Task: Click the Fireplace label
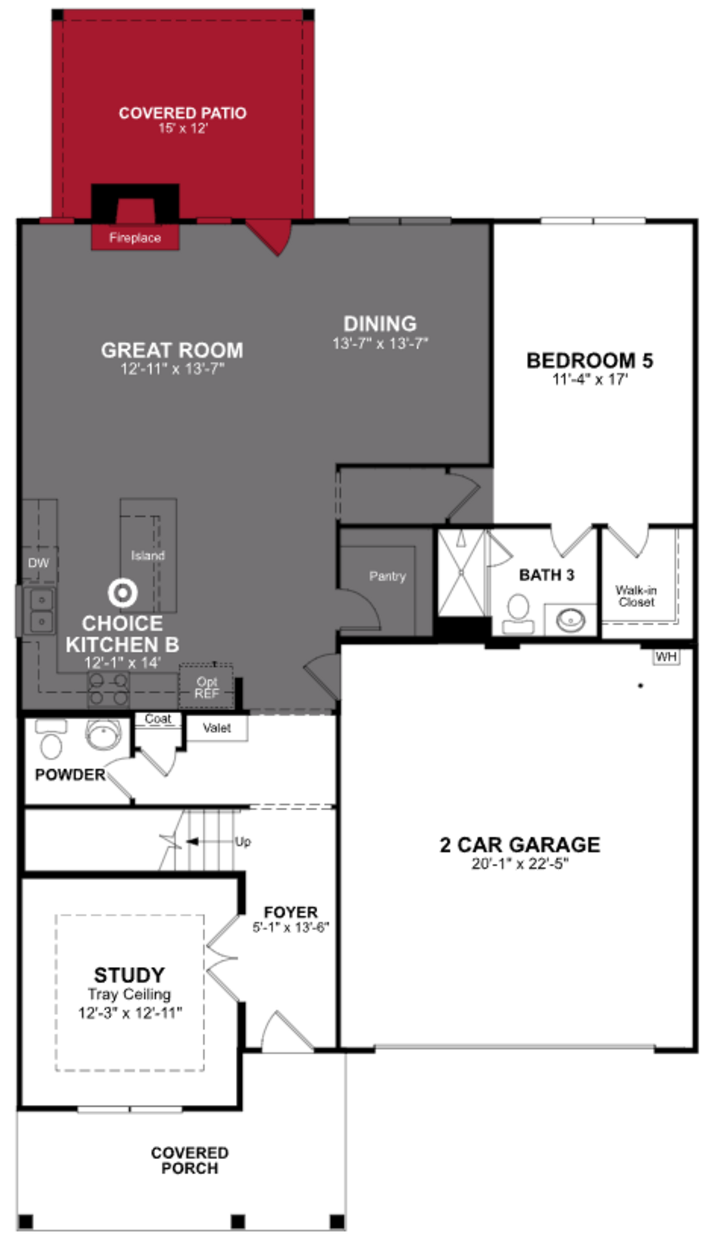135,238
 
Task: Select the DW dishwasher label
38,563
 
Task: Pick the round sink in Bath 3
571,620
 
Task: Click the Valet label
217,728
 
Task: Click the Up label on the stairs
242,842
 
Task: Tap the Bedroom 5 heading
589,361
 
